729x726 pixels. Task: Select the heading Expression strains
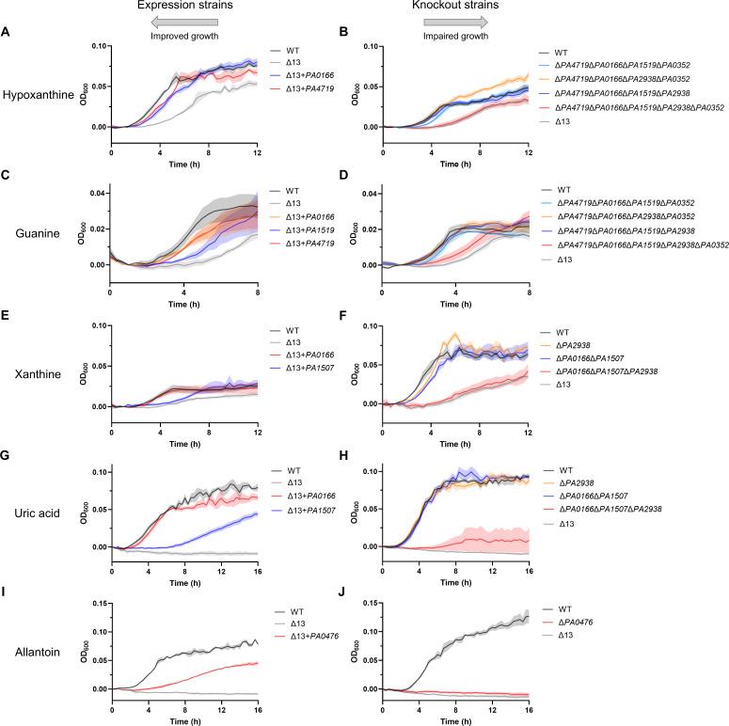point(178,8)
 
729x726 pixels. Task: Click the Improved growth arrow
point(178,22)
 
